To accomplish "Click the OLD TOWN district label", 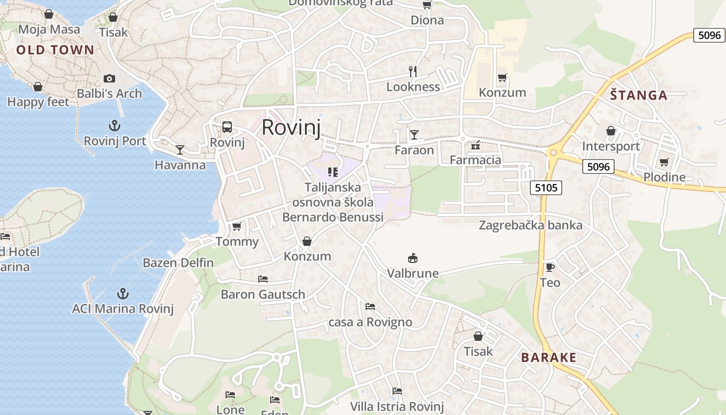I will (x=55, y=50).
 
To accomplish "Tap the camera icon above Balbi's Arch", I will (x=109, y=78).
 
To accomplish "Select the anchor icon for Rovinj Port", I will (x=114, y=125).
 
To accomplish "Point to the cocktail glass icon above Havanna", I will (x=180, y=149).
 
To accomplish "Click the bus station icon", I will (x=227, y=127).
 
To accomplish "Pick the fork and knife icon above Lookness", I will (x=413, y=71).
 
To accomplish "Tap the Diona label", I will (x=427, y=20).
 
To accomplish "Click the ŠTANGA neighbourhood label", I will (x=638, y=95).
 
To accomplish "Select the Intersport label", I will (x=611, y=146).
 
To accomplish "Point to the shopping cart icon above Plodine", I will (x=664, y=162).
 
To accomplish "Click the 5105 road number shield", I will (x=547, y=187).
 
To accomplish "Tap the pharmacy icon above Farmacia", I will (x=475, y=145).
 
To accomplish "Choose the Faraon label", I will (x=414, y=150).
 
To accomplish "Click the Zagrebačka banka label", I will (x=530, y=225).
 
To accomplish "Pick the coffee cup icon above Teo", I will (x=550, y=267).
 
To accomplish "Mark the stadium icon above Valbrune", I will (x=413, y=258).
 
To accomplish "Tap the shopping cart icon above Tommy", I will (x=237, y=226).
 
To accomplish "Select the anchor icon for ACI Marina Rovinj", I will (x=122, y=293).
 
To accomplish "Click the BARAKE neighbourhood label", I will (x=549, y=357).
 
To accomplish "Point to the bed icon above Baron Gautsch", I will (x=263, y=279).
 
